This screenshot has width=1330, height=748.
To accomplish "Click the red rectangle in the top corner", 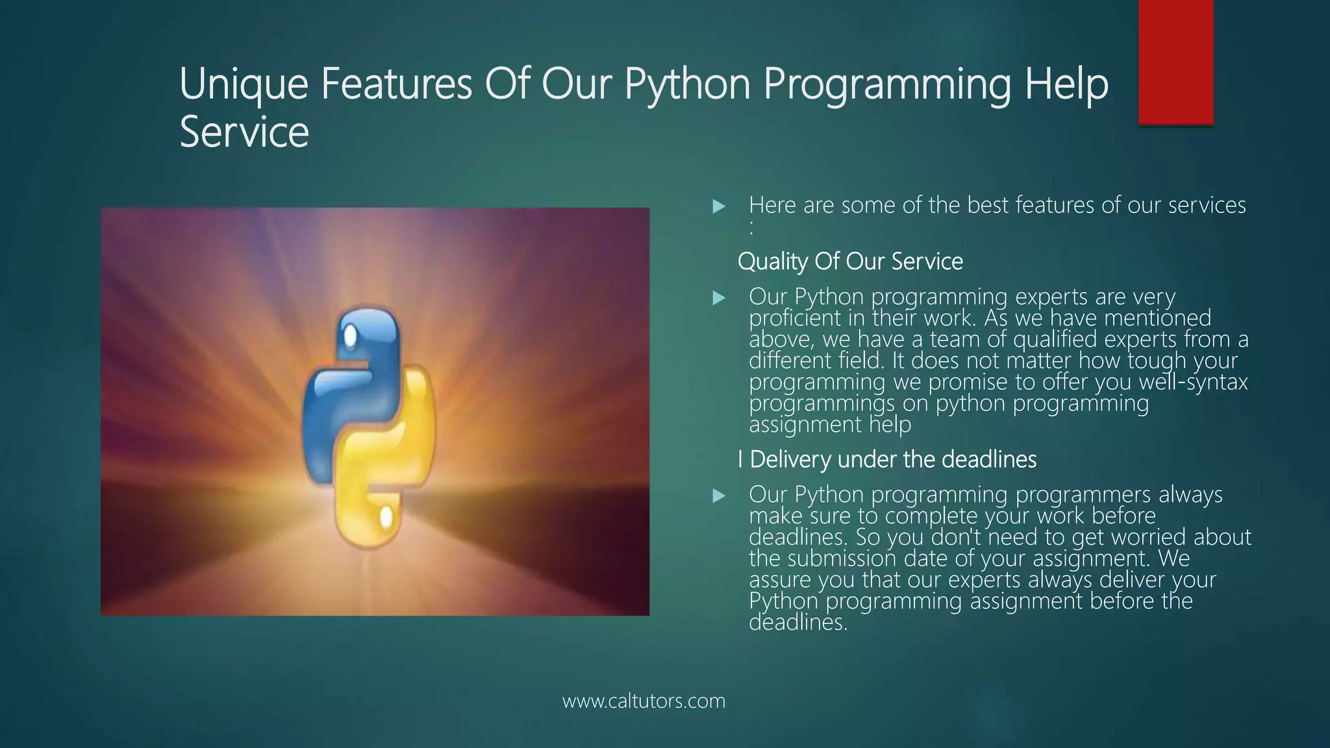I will pos(1175,62).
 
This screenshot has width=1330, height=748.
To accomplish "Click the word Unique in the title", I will pos(244,84).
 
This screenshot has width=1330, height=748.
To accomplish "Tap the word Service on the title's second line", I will pos(244,132).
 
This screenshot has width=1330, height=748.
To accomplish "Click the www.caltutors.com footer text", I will pos(644,701).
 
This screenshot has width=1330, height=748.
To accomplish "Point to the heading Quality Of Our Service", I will pos(850,262).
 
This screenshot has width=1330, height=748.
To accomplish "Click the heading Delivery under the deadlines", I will pos(892,460).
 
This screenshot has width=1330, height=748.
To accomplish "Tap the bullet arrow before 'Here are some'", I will pos(718,207).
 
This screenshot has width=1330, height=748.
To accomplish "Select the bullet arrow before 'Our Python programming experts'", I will pos(718,299).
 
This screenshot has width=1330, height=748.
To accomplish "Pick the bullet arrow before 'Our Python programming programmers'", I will pos(718,497).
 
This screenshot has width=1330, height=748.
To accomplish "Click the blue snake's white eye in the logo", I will pos(350,336).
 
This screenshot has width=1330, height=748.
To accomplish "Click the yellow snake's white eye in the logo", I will pos(386,517).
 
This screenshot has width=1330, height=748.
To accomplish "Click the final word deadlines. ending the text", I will pos(798,623).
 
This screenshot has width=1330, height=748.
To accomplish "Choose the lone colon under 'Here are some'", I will pos(751,228).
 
